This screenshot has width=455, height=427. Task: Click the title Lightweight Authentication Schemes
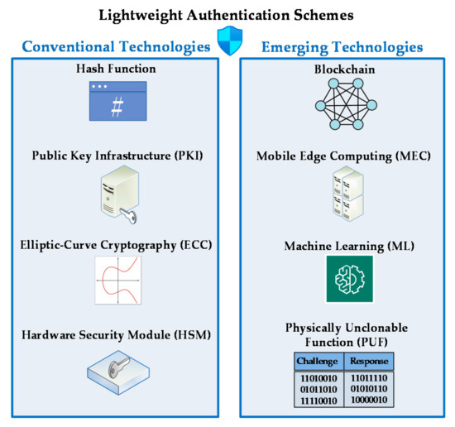click(227, 14)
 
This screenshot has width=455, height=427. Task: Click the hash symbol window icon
click(117, 102)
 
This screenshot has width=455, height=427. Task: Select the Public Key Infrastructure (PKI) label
click(117, 155)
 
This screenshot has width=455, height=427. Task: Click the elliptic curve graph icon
click(117, 281)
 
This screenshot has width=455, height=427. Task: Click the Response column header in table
click(368, 361)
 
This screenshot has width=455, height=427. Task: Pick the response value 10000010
click(368, 401)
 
